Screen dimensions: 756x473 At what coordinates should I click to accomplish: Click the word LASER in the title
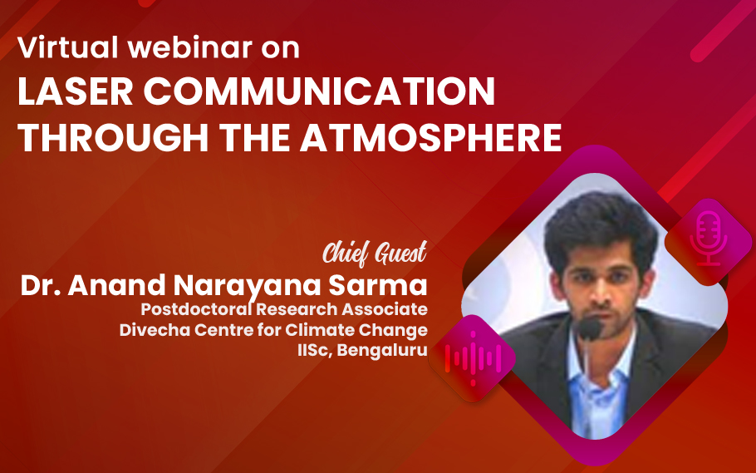(x=76, y=91)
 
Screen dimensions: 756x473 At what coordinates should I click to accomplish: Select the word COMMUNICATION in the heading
(x=319, y=91)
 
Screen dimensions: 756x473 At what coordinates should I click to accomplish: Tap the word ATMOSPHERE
(x=431, y=137)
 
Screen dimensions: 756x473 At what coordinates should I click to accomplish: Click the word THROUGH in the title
(x=113, y=137)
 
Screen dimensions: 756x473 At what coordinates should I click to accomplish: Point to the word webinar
(x=190, y=47)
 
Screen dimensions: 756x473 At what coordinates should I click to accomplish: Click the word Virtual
(x=68, y=47)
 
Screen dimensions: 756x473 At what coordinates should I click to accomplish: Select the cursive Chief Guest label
(x=375, y=253)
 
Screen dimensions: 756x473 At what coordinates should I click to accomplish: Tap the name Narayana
(x=247, y=286)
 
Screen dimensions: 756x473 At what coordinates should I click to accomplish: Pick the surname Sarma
(x=378, y=285)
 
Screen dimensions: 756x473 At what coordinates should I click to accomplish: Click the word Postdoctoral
(x=196, y=309)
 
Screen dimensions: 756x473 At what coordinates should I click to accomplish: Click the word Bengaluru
(x=382, y=350)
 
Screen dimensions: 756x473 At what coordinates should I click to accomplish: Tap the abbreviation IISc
(x=314, y=350)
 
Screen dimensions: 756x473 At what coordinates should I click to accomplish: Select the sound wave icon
(x=473, y=358)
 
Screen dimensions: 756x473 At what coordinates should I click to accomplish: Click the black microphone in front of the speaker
(x=589, y=330)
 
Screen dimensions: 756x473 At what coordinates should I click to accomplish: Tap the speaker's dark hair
(x=601, y=224)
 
